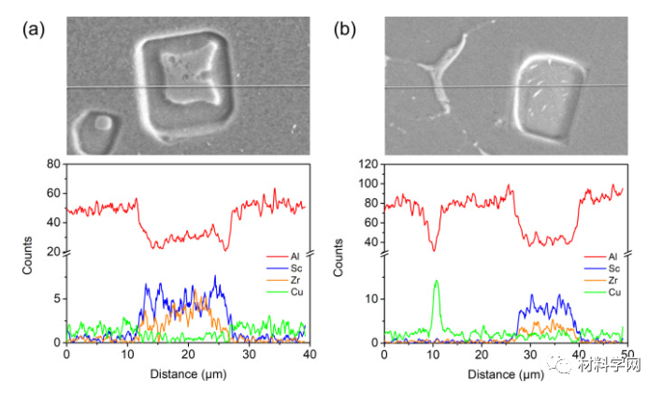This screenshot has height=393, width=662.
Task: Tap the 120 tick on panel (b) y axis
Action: tap(367, 165)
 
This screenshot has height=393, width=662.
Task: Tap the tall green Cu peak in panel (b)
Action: tap(436, 283)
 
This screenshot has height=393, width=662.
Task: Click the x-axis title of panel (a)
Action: tap(187, 373)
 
